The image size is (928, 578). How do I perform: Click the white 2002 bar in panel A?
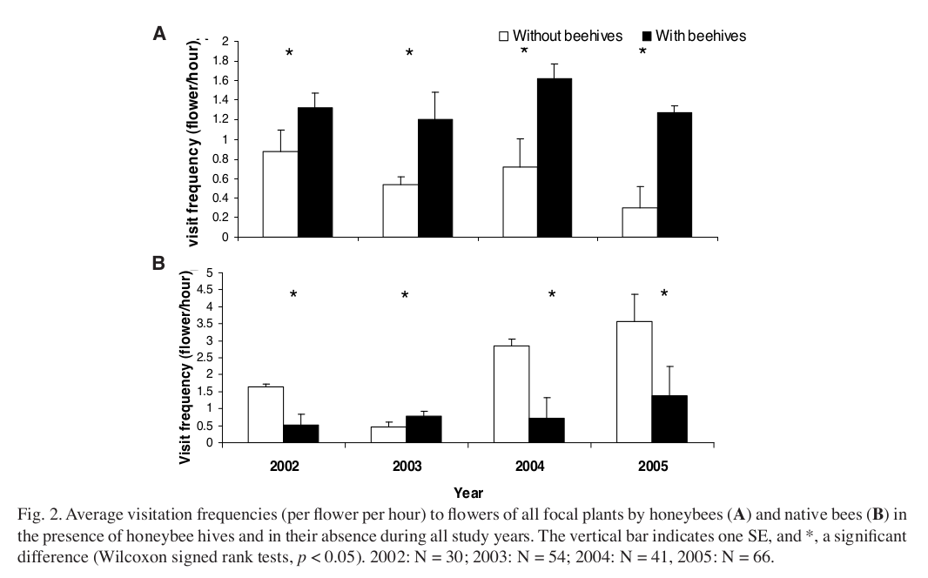point(280,193)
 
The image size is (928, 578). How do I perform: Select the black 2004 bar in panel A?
point(554,158)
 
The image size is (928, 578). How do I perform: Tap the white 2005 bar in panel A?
point(639,222)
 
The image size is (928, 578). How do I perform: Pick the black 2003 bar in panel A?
point(434,178)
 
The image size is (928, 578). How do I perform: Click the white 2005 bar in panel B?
point(634,381)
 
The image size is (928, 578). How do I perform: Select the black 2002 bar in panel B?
point(301,433)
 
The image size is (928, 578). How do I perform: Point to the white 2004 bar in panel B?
point(511,393)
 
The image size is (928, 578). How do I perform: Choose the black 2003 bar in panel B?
point(424,429)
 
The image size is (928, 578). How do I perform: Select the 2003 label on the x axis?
point(407,467)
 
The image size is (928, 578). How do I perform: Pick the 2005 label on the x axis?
point(653,467)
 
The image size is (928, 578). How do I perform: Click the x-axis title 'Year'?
point(467,494)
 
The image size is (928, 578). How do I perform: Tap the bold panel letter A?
point(159,34)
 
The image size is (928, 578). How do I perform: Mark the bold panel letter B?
point(158,263)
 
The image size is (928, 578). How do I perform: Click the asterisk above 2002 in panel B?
point(293,295)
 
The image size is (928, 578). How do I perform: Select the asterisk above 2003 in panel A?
point(408,54)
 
